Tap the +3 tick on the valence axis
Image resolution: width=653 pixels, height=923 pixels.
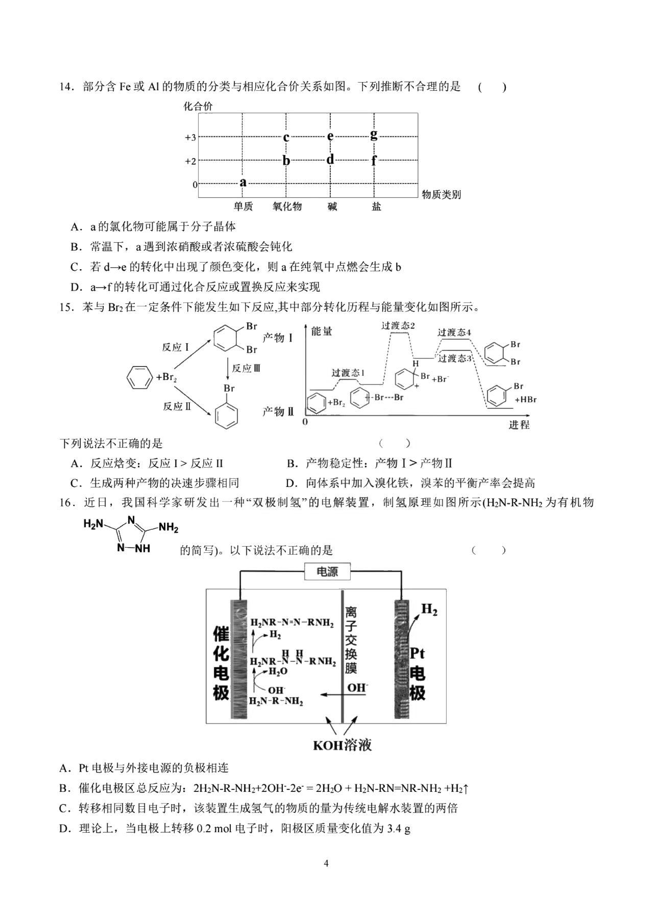pyautogui.click(x=190, y=138)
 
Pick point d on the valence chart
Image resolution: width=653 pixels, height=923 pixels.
pyautogui.click(x=330, y=159)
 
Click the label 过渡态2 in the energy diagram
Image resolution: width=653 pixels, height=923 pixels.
pyautogui.click(x=398, y=326)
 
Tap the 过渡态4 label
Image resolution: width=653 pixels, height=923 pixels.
pyautogui.click(x=454, y=332)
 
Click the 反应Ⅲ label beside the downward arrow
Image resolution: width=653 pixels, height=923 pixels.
pyautogui.click(x=246, y=368)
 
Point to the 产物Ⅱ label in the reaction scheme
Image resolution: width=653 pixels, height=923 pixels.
pyautogui.click(x=278, y=411)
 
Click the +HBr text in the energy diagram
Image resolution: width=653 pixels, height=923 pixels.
pyautogui.click(x=525, y=400)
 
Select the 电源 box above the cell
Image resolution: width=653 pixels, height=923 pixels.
pyautogui.click(x=327, y=571)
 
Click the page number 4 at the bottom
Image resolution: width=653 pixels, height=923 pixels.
pyautogui.click(x=326, y=863)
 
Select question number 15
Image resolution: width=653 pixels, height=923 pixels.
pyautogui.click(x=66, y=308)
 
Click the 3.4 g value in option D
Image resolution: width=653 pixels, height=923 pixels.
pyautogui.click(x=399, y=829)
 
